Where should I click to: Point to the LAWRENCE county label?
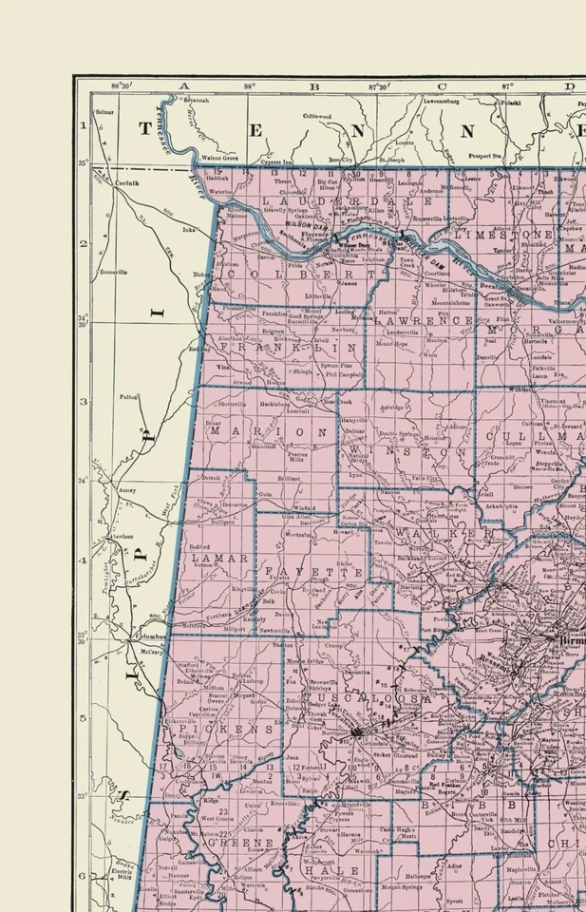click(422, 321)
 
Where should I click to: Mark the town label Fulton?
click(128, 397)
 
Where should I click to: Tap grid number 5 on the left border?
click(83, 718)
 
